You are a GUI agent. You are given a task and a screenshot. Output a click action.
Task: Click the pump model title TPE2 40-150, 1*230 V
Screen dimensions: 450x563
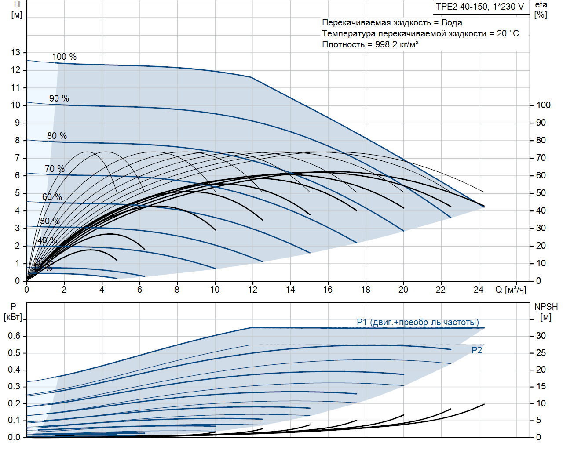coord(480,7)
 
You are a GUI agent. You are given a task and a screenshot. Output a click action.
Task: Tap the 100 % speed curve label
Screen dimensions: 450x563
coord(64,57)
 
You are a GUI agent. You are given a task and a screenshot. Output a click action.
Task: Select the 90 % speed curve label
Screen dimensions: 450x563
coord(59,98)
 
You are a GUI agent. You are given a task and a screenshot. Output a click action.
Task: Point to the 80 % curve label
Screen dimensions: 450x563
coord(57,136)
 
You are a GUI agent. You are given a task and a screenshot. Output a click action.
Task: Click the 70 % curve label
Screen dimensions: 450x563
coord(55,169)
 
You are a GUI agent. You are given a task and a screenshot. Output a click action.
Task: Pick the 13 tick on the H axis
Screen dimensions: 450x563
coord(16,52)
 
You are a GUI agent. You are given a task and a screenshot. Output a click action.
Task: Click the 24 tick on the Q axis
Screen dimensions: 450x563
coord(479,290)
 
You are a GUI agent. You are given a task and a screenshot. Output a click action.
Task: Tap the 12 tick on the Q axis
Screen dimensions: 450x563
coord(252,290)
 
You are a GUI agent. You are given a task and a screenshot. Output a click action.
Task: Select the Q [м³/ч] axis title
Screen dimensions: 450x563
coord(511,290)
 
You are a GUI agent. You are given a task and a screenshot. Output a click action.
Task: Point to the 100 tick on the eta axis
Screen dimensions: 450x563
coord(543,105)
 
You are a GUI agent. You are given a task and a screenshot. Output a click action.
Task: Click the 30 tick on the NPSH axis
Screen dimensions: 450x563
coord(541,336)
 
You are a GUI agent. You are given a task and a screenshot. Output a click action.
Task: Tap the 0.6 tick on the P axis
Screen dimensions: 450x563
coord(14,336)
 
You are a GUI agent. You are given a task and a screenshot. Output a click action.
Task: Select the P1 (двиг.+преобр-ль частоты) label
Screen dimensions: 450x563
coord(417,322)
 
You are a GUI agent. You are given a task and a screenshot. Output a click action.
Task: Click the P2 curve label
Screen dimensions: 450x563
coord(477,350)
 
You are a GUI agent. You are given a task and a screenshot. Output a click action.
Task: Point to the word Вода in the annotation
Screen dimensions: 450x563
coord(452,22)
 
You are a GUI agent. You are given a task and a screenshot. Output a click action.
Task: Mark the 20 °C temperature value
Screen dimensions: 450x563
coord(508,33)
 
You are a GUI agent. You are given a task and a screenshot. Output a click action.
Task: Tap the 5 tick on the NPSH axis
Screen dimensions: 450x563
coord(538,420)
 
